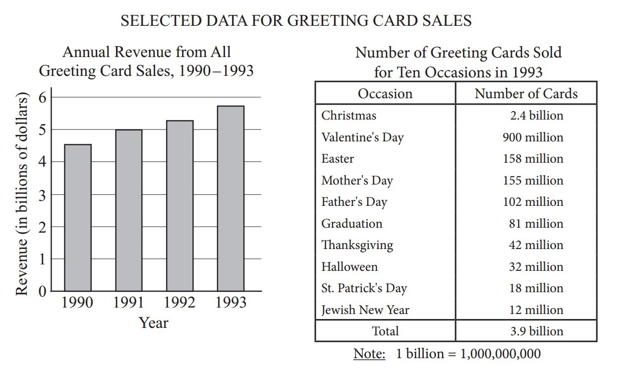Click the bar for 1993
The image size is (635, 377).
231,198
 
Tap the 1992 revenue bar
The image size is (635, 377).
179,205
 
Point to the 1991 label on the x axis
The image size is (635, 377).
128,302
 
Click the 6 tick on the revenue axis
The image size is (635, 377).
43,97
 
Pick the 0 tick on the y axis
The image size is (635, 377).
43,291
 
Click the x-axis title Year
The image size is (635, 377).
154,323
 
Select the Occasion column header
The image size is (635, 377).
385,94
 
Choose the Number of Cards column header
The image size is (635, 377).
526,94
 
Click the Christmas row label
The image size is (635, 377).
348,116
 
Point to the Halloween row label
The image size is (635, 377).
349,267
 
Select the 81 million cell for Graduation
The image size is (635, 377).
536,224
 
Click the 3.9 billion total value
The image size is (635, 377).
537,331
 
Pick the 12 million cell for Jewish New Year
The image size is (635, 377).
536,310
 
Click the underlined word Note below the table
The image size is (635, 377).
369,354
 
